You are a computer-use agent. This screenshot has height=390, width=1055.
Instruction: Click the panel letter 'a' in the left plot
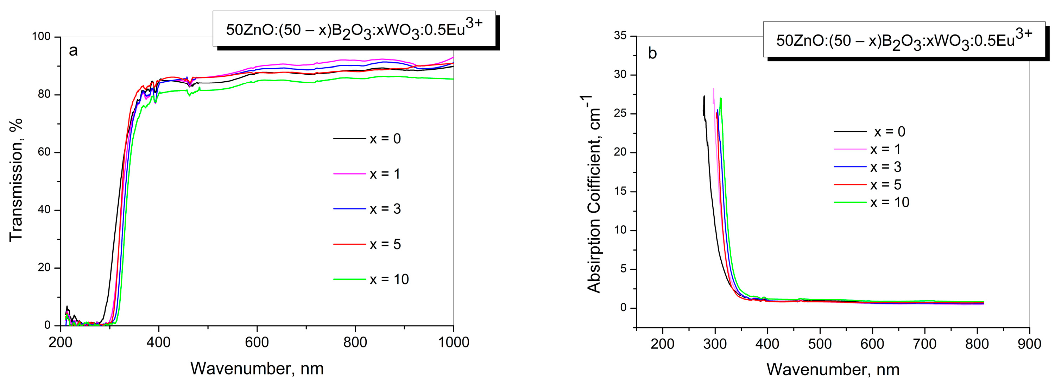pos(73,51)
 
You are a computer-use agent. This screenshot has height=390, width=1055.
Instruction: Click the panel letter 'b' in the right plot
pos(652,53)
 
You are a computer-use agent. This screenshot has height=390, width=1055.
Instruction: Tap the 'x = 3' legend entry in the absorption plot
pos(885,167)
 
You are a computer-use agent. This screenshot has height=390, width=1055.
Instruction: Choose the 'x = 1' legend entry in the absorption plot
pos(885,150)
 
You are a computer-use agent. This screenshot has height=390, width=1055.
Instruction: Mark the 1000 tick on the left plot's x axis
pos(453,342)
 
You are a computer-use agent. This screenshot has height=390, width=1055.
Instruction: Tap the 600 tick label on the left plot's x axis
pos(257,342)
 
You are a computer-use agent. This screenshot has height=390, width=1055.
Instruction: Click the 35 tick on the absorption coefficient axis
pos(620,36)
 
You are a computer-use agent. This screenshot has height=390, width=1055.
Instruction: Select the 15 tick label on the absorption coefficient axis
pos(620,191)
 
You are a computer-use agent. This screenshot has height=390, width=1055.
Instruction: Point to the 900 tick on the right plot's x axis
pos(1029,344)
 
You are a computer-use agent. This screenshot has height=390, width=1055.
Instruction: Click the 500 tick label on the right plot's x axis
pos(820,344)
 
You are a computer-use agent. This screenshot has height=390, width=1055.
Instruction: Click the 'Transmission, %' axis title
pos(15,180)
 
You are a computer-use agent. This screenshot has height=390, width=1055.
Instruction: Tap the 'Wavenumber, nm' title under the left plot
pos(257,369)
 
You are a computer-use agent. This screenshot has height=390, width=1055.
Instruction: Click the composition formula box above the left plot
pos(354,30)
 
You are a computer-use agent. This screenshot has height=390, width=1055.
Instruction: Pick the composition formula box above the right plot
pos(904,40)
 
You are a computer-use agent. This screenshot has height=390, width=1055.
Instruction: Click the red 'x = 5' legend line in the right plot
pos(850,185)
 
